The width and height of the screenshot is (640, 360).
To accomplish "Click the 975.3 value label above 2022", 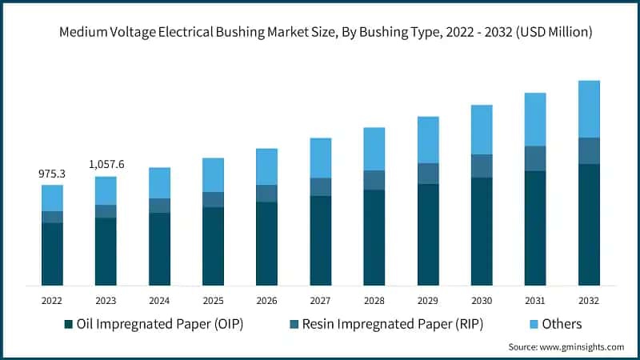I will pyautogui.click(x=52, y=174).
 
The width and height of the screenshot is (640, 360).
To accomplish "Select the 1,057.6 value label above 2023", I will pyautogui.click(x=106, y=165).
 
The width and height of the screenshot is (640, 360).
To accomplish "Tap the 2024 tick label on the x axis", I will pyautogui.click(x=159, y=302).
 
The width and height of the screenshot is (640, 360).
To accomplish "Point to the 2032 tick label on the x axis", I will pyautogui.click(x=589, y=302).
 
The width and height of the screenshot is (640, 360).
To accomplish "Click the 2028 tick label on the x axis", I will pyautogui.click(x=374, y=302).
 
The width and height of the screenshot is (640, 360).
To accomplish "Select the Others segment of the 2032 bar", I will pyautogui.click(x=589, y=109).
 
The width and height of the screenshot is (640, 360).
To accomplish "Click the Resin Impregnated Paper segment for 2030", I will pyautogui.click(x=482, y=166).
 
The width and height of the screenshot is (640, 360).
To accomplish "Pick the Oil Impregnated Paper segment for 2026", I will pyautogui.click(x=266, y=243).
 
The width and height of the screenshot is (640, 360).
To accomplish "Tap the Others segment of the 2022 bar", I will pyautogui.click(x=52, y=198).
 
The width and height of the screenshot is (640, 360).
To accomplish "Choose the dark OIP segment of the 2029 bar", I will pyautogui.click(x=428, y=234).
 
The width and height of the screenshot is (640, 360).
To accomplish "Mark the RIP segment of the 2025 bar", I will pyautogui.click(x=213, y=199).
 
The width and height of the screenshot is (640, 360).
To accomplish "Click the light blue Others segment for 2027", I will pyautogui.click(x=320, y=158).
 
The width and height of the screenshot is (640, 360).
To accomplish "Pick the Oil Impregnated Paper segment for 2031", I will pyautogui.click(x=535, y=228).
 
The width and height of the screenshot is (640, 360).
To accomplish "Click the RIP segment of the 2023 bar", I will pyautogui.click(x=106, y=211).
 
